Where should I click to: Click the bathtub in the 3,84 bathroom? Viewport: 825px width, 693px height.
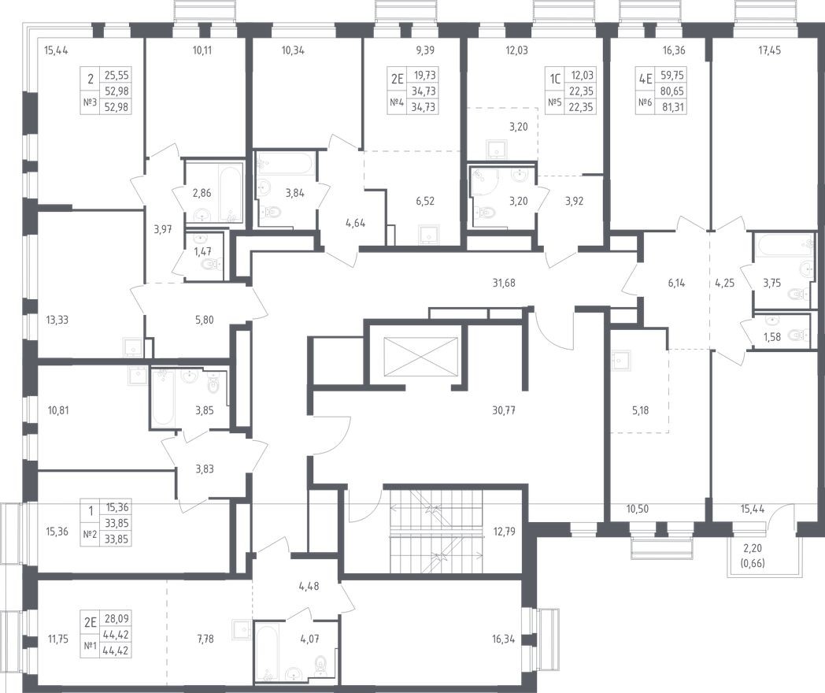coord(284,167)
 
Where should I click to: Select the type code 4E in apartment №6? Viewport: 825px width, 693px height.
coord(646,79)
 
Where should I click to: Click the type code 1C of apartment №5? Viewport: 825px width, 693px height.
coord(556,79)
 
